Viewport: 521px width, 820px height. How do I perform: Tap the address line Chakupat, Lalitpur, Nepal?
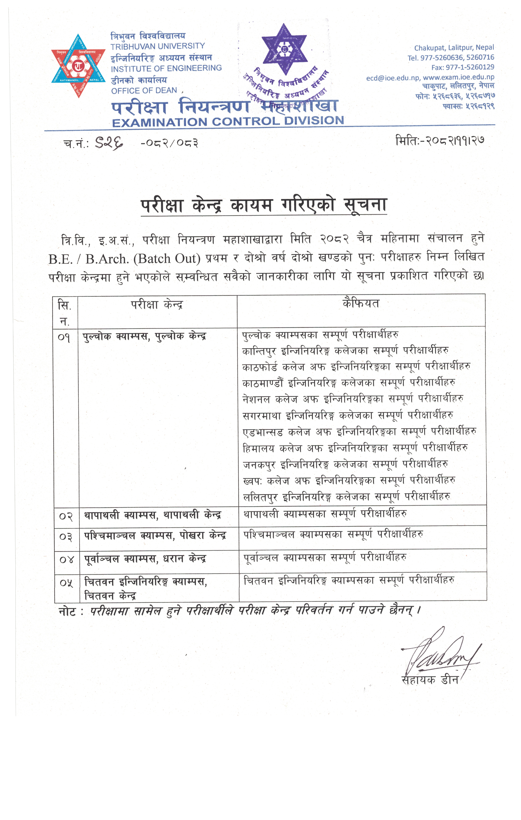pos(454,48)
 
